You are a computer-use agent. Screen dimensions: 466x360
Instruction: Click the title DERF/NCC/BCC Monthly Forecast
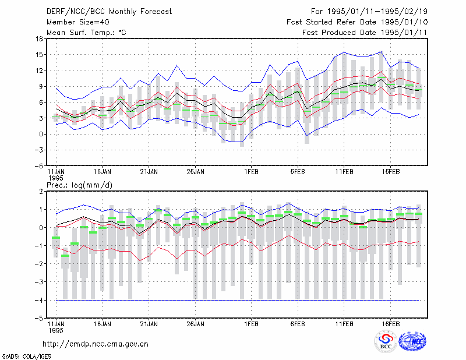pos(109,12)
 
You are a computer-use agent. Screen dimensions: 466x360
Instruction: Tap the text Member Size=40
pos(78,22)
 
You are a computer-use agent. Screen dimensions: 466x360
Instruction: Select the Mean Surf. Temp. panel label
pos(86,33)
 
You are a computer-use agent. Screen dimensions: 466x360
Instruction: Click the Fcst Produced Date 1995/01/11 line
pos(365,33)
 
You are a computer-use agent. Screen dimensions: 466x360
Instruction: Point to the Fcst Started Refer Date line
pos(357,22)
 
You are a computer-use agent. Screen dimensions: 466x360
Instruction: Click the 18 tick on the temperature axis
pos(39,38)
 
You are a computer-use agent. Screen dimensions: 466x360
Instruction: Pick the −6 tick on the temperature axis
pos(38,166)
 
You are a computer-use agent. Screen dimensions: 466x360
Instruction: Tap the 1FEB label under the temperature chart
pos(251,171)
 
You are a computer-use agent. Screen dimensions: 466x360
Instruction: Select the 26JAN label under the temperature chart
pos(195,171)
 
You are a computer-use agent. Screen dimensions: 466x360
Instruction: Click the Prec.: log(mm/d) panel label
pos(79,185)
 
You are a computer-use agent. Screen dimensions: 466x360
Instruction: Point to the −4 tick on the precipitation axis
pos(38,300)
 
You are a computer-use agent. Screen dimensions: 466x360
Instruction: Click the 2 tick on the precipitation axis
pos(41,191)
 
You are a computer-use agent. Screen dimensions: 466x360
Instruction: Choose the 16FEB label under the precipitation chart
pos(390,324)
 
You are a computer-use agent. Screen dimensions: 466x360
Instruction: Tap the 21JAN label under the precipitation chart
pos(149,324)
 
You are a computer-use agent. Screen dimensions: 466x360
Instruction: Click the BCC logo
pos(386,342)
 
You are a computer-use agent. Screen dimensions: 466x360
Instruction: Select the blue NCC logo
pos(412,341)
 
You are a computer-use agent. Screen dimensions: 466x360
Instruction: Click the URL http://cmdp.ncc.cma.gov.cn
pos(96,344)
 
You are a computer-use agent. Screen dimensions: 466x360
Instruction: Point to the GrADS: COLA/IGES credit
pos(26,357)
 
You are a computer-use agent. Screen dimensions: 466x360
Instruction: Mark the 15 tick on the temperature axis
pos(39,54)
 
